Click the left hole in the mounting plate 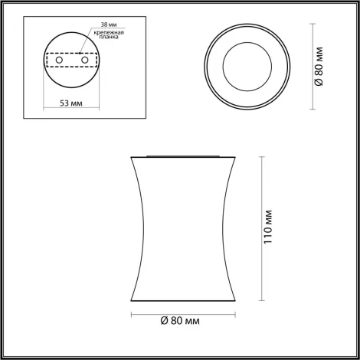point(64,59)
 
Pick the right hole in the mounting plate point(84,59)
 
